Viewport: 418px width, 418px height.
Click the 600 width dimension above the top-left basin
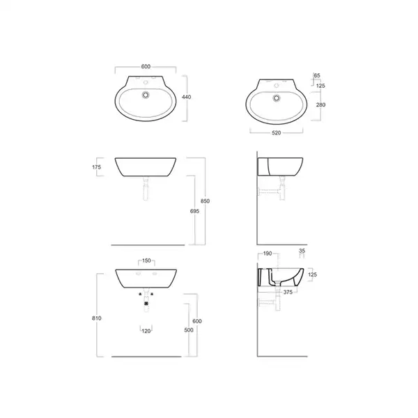pyautogui.click(x=146, y=66)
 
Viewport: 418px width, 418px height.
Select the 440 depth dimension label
pyautogui.click(x=186, y=97)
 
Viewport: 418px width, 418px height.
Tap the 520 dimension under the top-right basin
pyautogui.click(x=276, y=133)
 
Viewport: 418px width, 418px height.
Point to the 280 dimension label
pyautogui.click(x=320, y=104)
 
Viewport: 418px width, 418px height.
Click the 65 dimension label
pyautogui.click(x=317, y=75)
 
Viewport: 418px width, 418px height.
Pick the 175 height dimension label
pyautogui.click(x=97, y=167)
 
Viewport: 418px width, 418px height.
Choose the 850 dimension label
pyautogui.click(x=205, y=201)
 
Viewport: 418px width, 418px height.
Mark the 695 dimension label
pyautogui.click(x=194, y=211)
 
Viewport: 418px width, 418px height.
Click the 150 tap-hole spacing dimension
pyautogui.click(x=146, y=261)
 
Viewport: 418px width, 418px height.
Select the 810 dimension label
pyautogui.click(x=97, y=318)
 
